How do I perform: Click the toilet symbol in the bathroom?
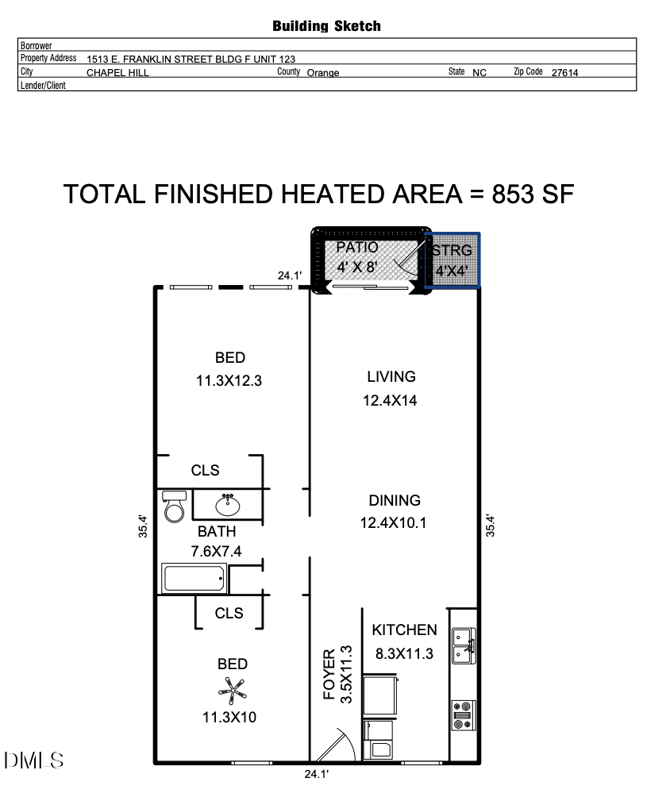(x=174, y=506)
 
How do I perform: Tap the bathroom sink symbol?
(x=228, y=502)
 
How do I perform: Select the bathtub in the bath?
(x=194, y=578)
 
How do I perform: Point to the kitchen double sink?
(x=463, y=645)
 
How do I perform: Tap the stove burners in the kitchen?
(x=463, y=714)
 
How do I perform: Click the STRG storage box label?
(x=452, y=251)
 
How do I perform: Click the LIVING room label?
(x=391, y=376)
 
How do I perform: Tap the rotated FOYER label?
(x=329, y=675)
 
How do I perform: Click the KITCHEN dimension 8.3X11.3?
(x=405, y=655)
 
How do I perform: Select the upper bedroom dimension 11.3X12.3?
(x=229, y=380)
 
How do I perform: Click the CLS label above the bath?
(x=206, y=470)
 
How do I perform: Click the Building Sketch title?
(x=326, y=26)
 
